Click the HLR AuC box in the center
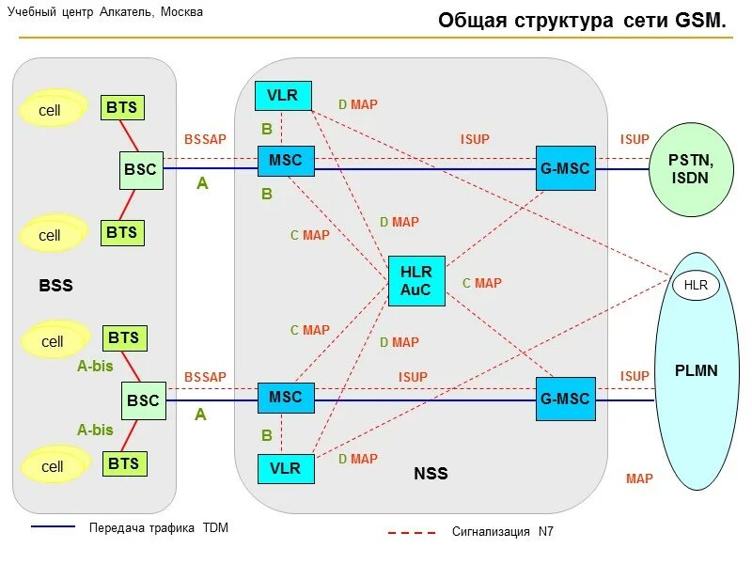tap(416, 281)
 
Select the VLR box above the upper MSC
tap(282, 95)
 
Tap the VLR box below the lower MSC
tap(285, 468)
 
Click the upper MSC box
tap(285, 161)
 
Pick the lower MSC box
tap(285, 398)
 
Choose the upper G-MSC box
tap(565, 168)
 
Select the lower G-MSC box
tap(565, 399)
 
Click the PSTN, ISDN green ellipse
tap(690, 170)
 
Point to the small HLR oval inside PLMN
tap(696, 284)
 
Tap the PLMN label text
tap(696, 370)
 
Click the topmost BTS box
tap(122, 107)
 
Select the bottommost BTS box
tap(123, 462)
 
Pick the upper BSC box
tap(142, 170)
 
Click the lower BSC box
tap(143, 400)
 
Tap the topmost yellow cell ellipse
tap(50, 110)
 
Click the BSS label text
tap(55, 286)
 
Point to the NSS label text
tap(431, 474)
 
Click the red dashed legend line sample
tap(412, 533)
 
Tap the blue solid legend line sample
tap(54, 526)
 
